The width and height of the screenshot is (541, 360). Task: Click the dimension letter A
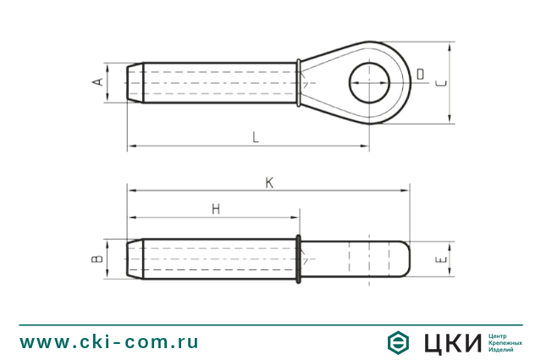(x=98, y=82)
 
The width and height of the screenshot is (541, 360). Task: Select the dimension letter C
(x=439, y=82)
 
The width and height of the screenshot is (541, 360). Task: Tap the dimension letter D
(x=420, y=75)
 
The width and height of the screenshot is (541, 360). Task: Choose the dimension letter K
(x=269, y=182)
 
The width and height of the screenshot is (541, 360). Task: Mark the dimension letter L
(x=257, y=137)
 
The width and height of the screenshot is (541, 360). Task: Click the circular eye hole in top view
(x=373, y=83)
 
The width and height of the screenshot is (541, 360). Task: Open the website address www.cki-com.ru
(x=109, y=342)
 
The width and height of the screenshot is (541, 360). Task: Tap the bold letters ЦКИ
(x=451, y=342)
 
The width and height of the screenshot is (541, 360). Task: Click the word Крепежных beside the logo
(x=505, y=342)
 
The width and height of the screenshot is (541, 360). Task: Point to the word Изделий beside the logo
(x=502, y=350)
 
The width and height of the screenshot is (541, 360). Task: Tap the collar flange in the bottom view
(x=299, y=258)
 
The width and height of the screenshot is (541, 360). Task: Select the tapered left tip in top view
(x=133, y=83)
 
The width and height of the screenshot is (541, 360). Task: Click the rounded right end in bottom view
(x=405, y=258)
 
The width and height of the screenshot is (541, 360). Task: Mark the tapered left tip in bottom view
(x=133, y=258)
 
